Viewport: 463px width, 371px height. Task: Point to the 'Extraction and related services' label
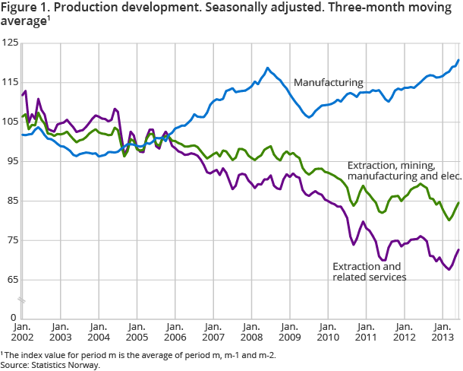click(370, 271)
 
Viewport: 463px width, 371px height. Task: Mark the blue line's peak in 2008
click(267, 68)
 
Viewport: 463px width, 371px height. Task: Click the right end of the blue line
click(458, 60)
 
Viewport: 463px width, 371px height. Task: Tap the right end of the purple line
click(458, 249)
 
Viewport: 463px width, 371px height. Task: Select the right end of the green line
click(458, 202)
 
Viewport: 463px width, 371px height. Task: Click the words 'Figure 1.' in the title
click(23, 9)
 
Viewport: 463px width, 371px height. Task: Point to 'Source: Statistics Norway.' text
click(50, 365)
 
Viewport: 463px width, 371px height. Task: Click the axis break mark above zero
click(21, 302)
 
